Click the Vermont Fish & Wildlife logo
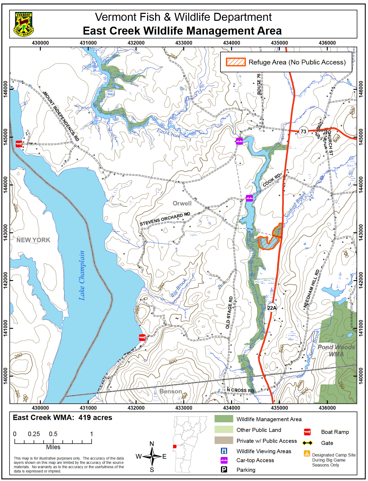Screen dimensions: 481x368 [x=24, y=24]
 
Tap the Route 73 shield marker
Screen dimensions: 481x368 [x=303, y=131]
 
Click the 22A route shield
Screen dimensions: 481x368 [x=272, y=308]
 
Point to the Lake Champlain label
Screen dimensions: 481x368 [x=82, y=275]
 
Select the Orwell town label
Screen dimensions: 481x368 [x=182, y=203]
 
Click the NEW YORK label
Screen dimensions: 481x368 [x=33, y=240]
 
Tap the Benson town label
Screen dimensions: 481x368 [x=171, y=391]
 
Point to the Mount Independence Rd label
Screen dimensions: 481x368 [x=61, y=116]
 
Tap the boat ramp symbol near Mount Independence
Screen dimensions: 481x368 [x=19, y=144]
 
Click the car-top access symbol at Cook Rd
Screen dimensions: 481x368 [x=249, y=198]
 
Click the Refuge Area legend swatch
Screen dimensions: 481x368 [x=236, y=62]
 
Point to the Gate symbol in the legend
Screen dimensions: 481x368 [x=307, y=443]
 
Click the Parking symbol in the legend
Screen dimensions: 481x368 [x=224, y=470]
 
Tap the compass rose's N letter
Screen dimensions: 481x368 [x=152, y=444]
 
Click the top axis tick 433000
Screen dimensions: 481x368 [x=184, y=43]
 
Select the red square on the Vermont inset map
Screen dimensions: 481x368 [x=175, y=446]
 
